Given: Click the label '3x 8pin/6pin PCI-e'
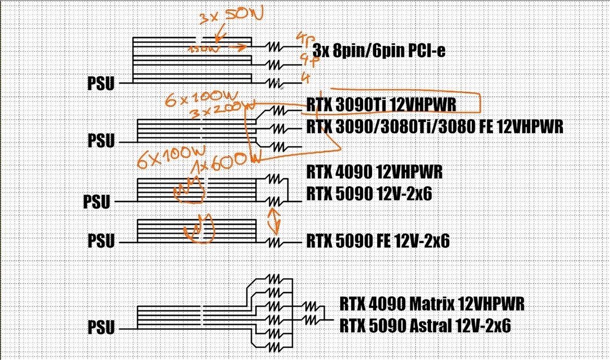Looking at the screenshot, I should (379, 51).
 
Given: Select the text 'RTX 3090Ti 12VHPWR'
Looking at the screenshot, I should (382, 104).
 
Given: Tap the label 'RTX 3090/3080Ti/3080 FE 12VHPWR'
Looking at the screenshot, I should (435, 126).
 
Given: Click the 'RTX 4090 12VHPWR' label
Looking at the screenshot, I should (375, 172).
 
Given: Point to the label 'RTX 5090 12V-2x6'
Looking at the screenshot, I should (369, 194).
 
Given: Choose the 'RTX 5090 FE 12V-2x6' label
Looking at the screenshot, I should (378, 241).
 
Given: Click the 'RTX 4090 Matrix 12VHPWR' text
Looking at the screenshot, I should (432, 303).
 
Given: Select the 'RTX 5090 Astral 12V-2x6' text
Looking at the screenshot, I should (425, 326).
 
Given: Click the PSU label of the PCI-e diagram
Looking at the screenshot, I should (100, 83).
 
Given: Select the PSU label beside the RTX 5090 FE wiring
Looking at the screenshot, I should (101, 241).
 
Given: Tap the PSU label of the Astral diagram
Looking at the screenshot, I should (101, 328).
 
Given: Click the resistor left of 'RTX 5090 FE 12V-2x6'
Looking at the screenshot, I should (276, 243).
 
